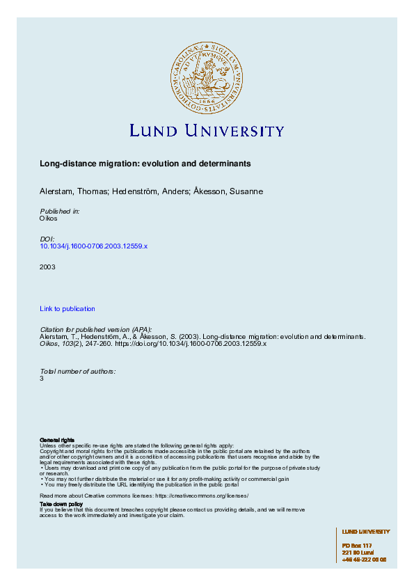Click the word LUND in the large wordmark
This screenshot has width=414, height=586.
click(154, 131)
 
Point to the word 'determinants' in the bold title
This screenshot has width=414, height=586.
click(228, 163)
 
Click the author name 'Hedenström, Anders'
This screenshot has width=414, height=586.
click(145, 191)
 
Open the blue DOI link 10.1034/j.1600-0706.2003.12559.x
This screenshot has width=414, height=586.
click(94, 246)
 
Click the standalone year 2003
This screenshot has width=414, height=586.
click(47, 267)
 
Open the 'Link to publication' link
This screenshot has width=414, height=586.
click(67, 308)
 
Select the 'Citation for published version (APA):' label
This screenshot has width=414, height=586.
click(95, 328)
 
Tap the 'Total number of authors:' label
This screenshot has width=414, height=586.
click(77, 371)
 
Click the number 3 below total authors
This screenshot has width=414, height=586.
click(42, 379)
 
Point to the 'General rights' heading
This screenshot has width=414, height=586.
click(57, 441)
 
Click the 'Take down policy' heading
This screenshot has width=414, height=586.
click(61, 503)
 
